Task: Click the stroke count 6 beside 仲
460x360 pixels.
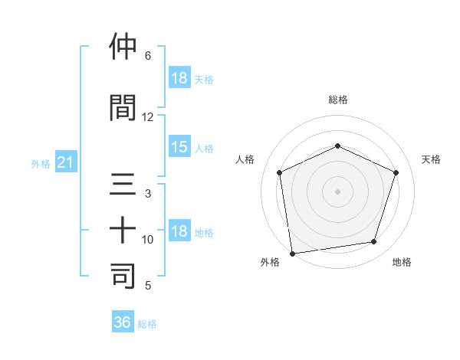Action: (148, 56)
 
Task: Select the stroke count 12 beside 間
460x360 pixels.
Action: (148, 117)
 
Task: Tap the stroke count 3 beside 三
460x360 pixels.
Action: (148, 195)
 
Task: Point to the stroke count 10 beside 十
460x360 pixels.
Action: (148, 240)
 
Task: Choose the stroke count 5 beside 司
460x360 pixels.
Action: (148, 286)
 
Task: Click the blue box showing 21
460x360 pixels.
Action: (66, 162)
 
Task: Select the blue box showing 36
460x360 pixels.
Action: (123, 322)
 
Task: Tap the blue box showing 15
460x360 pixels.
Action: (179, 147)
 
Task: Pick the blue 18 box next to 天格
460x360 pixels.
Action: (179, 77)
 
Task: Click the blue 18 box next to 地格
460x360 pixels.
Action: (179, 231)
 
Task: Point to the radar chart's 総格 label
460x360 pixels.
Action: (338, 100)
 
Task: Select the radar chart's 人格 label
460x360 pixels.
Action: (245, 159)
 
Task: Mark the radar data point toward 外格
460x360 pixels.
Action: (292, 253)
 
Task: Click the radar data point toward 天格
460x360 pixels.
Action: (396, 172)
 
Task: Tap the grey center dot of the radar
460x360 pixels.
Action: (338, 191)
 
